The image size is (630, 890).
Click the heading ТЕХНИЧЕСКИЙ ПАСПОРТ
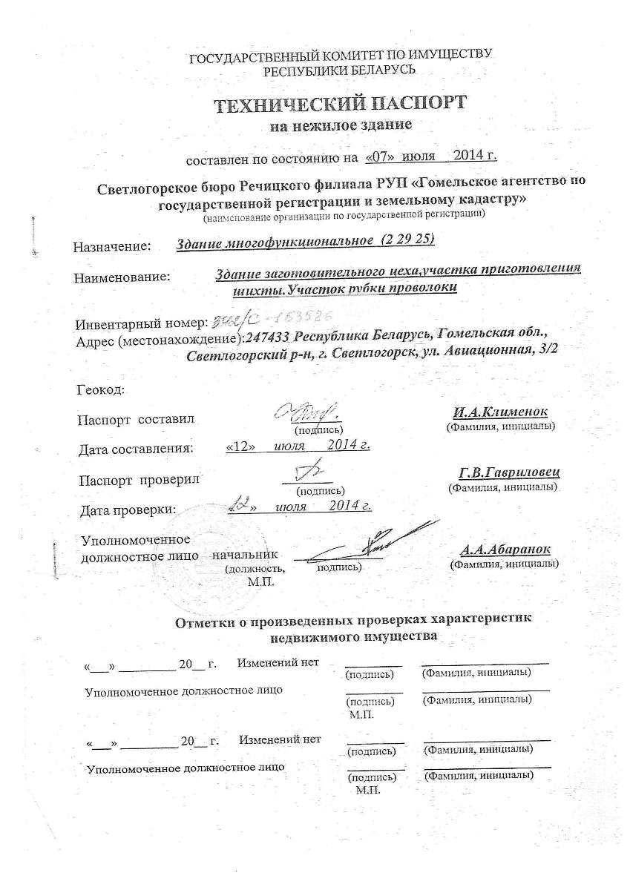pos(341,102)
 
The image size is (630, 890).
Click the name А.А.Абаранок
pos(505,550)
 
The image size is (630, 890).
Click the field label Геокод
pos(101,389)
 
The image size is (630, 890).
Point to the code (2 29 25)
pos(405,240)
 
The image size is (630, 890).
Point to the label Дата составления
pos(136,448)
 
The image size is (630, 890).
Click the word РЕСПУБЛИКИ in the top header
pos(304,70)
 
